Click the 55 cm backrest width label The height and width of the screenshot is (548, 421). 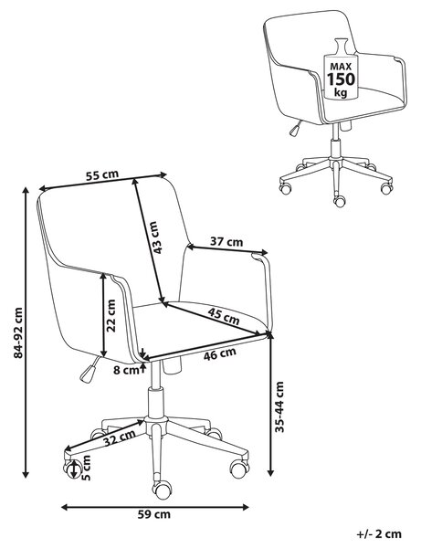pos(102,174)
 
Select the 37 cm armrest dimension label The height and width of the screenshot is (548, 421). pos(226,241)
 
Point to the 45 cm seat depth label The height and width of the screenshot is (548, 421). pos(224,316)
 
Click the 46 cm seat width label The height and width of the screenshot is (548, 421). pos(220,354)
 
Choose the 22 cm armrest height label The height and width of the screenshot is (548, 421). pos(111,316)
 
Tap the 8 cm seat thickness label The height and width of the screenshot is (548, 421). pos(126,370)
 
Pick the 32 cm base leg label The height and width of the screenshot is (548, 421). pos(120,438)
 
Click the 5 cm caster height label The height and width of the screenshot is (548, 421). pos(86,468)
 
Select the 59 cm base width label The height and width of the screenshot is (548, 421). pos(154,514)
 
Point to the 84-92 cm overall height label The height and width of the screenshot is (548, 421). pos(18,332)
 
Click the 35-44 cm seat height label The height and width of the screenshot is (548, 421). pos(279,406)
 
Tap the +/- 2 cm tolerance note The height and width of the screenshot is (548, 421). pos(379,534)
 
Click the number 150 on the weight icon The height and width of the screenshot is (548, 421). pos(341,79)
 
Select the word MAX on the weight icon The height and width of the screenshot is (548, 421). pos(341,67)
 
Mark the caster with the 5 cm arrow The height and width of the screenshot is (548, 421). pos(72,469)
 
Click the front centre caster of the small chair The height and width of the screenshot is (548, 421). pos(339,201)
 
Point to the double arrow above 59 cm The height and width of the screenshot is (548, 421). pos(154,507)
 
